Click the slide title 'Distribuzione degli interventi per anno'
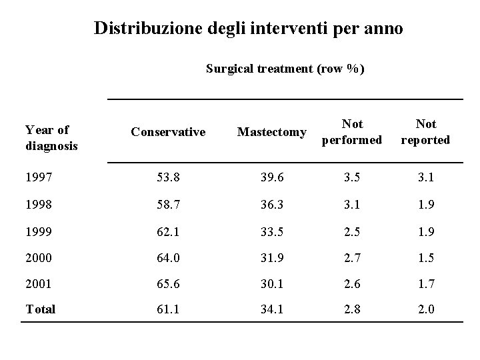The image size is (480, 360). click(248, 29)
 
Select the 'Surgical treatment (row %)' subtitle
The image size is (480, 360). click(285, 68)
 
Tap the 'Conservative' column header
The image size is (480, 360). click(168, 132)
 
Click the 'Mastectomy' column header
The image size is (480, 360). click(272, 132)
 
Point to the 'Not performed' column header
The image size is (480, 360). click(352, 132)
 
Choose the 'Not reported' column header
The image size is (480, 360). click(425, 132)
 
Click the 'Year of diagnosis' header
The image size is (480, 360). click(51, 137)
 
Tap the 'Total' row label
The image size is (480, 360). click(40, 309)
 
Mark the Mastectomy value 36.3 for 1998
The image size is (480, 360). click(271, 203)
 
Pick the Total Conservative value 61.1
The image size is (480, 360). click(168, 309)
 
